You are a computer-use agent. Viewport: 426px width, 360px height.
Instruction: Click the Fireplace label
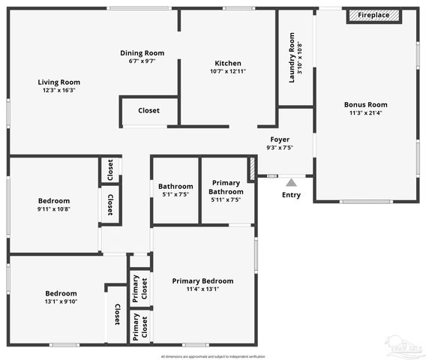click(373, 15)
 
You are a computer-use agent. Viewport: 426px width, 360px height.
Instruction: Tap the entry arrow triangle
click(291, 181)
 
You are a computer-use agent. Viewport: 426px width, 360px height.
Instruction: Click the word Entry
click(291, 195)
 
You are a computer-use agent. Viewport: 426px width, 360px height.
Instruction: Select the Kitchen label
click(228, 62)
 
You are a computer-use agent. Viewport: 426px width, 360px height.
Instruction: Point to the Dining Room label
click(142, 52)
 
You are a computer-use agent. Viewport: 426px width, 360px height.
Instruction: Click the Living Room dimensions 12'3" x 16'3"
click(59, 90)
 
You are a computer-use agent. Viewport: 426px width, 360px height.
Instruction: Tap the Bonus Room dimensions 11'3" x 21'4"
click(365, 113)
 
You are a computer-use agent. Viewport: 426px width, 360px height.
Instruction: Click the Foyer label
click(280, 139)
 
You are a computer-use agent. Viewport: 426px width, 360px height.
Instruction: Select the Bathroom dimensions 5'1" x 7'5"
click(175, 194)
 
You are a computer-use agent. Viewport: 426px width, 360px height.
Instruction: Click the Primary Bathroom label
click(226, 187)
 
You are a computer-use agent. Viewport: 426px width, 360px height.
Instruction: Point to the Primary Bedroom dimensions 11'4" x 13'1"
click(202, 289)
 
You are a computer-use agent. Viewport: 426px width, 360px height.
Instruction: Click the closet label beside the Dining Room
click(148, 110)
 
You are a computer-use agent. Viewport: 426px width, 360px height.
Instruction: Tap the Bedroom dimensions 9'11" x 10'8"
click(54, 209)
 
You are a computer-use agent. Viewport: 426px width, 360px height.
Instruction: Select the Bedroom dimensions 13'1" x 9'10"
click(61, 301)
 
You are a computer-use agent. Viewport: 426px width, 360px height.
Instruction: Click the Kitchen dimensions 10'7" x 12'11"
click(228, 71)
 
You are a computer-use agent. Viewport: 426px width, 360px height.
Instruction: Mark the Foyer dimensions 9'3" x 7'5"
click(280, 148)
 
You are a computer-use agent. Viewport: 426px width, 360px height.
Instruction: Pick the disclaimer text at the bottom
click(212, 355)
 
